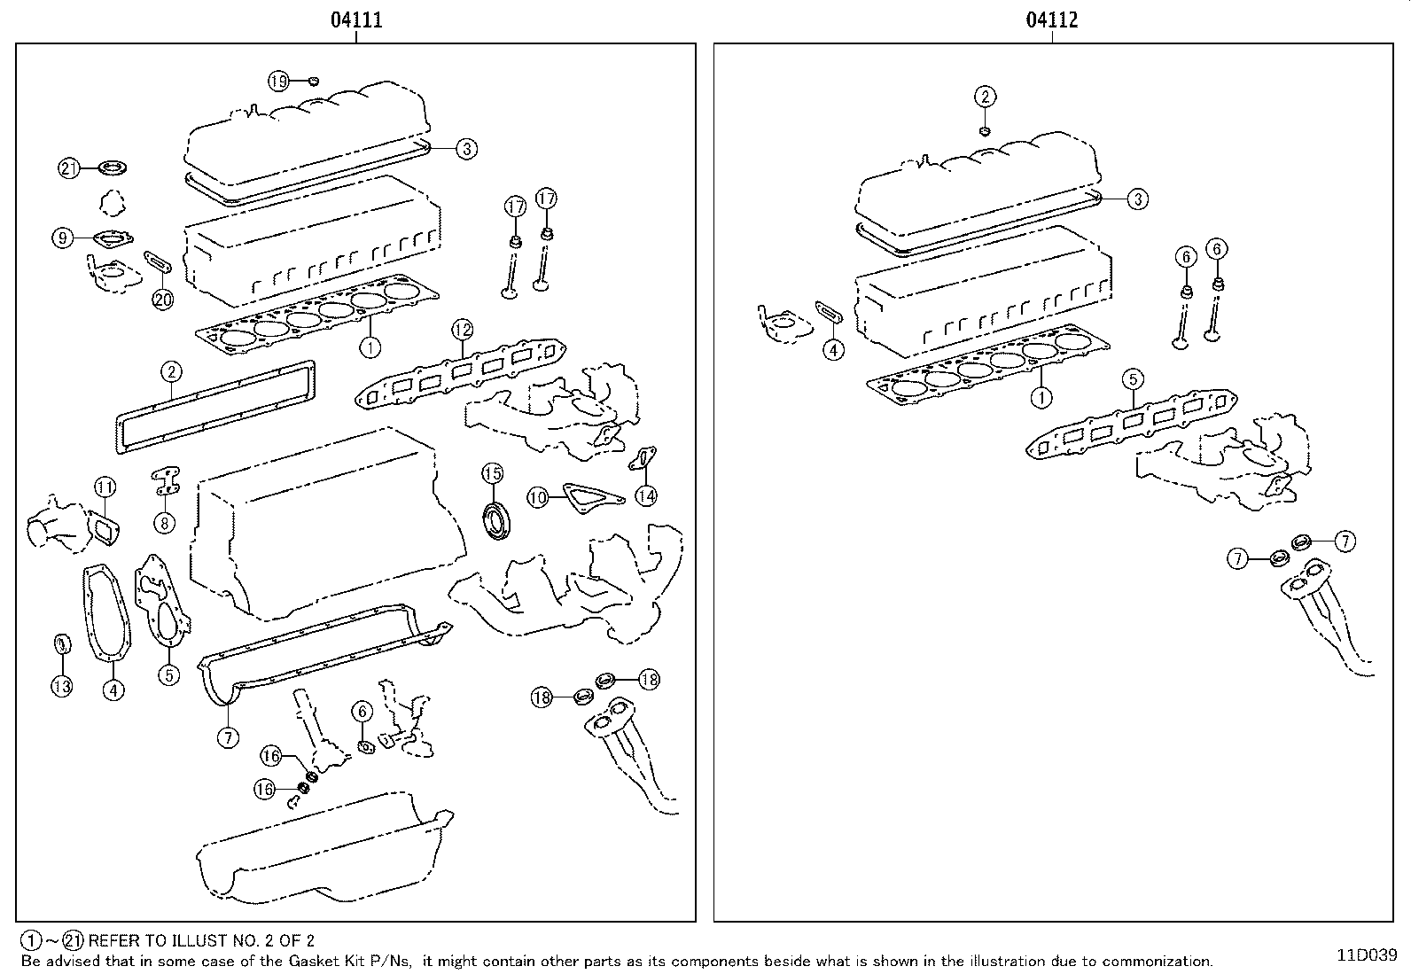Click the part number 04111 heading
coord(356,19)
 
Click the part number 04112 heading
coord(1052,19)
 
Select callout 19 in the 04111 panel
coord(279,82)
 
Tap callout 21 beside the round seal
coord(70,168)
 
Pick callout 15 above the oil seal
coord(493,473)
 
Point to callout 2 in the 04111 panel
coord(171,371)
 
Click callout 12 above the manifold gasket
coord(463,330)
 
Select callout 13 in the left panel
coord(61,686)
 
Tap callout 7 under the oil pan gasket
coord(229,736)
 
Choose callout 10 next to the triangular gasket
coord(538,497)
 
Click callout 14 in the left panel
coord(646,495)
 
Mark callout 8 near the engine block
coord(164,523)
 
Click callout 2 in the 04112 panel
coord(985,97)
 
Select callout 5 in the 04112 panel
coord(1132,380)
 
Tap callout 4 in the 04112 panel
coord(833,350)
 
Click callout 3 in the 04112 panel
coord(1138,199)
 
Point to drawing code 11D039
coord(1367,955)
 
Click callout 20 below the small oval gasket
coord(163,300)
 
